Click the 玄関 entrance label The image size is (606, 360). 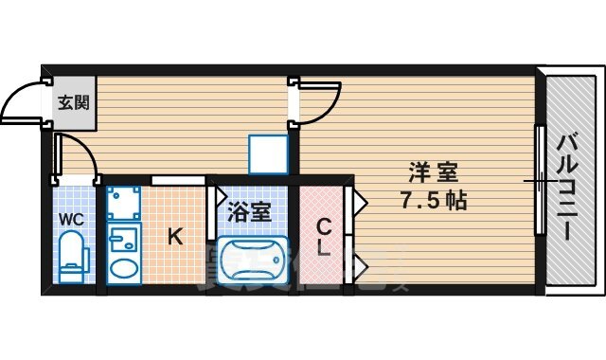pyautogui.click(x=72, y=100)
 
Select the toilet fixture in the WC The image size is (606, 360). pyautogui.click(x=72, y=259)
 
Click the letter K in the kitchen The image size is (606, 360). pyautogui.click(x=175, y=238)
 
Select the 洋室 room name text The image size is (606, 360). pyautogui.click(x=434, y=173)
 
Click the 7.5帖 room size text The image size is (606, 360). pyautogui.click(x=434, y=201)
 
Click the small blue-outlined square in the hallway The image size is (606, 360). pyautogui.click(x=267, y=154)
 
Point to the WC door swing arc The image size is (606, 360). pyautogui.click(x=76, y=157)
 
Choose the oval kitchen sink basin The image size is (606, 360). pyautogui.click(x=123, y=268)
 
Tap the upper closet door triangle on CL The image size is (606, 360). pyautogui.click(x=359, y=201)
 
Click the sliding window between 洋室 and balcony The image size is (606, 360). pyautogui.click(x=539, y=179)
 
